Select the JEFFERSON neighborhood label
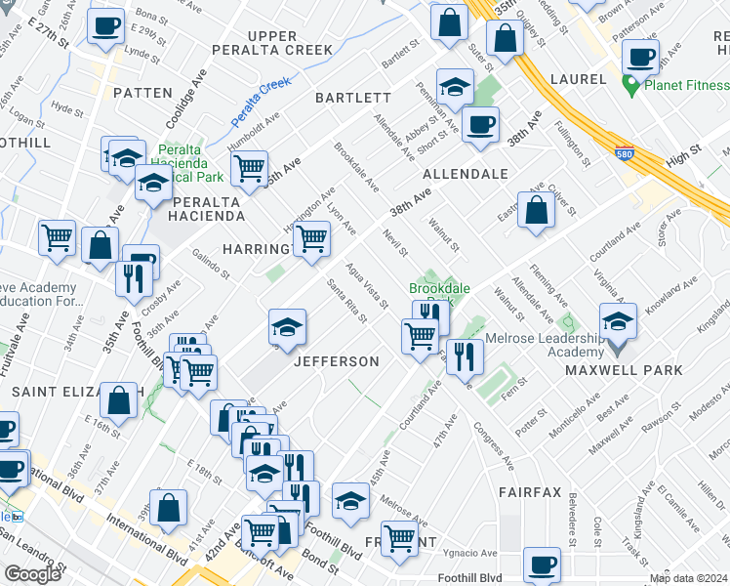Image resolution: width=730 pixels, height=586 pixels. coord(337,361)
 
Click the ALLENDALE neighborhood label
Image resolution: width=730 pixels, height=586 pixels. coord(466,174)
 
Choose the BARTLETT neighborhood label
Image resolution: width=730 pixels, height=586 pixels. coord(352,98)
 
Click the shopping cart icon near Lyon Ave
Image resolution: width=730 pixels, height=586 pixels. coord(311,235)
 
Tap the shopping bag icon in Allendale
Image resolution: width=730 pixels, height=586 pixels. coord(537,208)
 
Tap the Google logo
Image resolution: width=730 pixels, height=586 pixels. coord(32,574)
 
